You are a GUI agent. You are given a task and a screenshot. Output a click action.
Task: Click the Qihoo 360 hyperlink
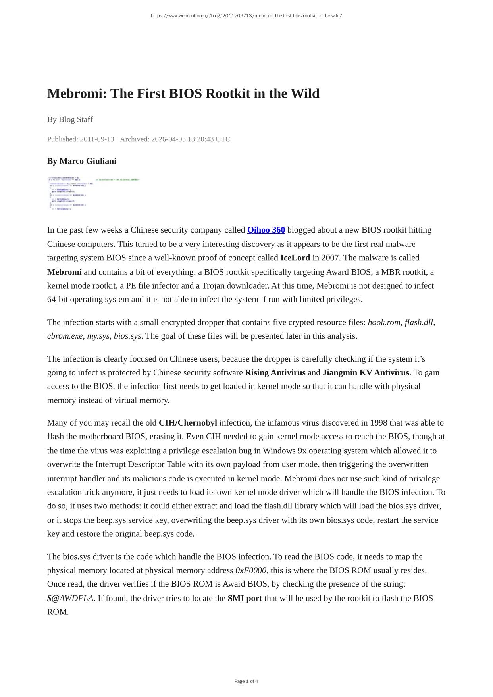(266, 230)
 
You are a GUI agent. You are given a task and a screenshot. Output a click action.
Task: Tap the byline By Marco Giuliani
(82, 161)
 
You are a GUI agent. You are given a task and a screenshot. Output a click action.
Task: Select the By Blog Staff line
(70, 119)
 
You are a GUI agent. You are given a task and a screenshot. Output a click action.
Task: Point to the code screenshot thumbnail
(93, 193)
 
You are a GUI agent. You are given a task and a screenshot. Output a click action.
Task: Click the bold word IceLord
(295, 258)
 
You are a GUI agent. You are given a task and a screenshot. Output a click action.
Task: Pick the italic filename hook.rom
(384, 322)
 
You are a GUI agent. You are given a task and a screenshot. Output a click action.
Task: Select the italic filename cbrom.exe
(65, 336)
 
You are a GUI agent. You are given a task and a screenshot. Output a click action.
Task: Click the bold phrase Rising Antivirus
(275, 373)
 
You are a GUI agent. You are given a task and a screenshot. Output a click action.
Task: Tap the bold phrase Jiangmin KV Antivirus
(366, 373)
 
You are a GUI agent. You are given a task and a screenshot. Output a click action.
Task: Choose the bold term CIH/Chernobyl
(188, 423)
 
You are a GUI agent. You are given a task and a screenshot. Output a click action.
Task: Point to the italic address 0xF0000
(251, 571)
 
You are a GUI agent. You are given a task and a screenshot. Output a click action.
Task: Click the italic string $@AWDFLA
(70, 598)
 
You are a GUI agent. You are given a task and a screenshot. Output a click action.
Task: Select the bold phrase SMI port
(245, 598)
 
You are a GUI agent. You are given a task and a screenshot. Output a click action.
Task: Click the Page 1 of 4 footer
(246, 682)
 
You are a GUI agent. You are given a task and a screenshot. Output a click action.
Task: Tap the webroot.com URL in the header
(246, 16)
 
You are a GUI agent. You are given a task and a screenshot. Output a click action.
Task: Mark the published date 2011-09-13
(97, 139)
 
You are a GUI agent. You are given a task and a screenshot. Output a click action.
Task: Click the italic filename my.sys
(98, 336)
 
